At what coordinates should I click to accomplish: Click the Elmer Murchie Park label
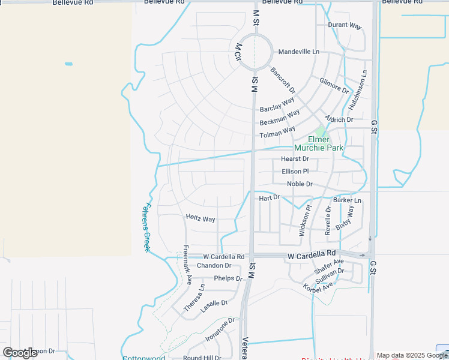coord(318,143)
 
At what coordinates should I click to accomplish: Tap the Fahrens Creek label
coord(146,227)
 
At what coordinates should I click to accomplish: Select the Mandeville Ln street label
coord(299,52)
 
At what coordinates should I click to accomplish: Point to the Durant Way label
coord(345,26)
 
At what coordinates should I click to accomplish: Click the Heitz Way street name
coord(200,219)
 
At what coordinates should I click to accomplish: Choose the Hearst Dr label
coord(295,159)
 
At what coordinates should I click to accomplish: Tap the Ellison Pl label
coord(295,172)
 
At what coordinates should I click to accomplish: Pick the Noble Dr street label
coord(300,184)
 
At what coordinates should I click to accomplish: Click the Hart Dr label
coord(269,197)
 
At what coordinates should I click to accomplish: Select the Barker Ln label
coord(348,200)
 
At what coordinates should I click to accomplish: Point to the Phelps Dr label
coord(228,278)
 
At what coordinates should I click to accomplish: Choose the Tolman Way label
coord(277,132)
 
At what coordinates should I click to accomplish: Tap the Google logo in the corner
coord(20,353)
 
